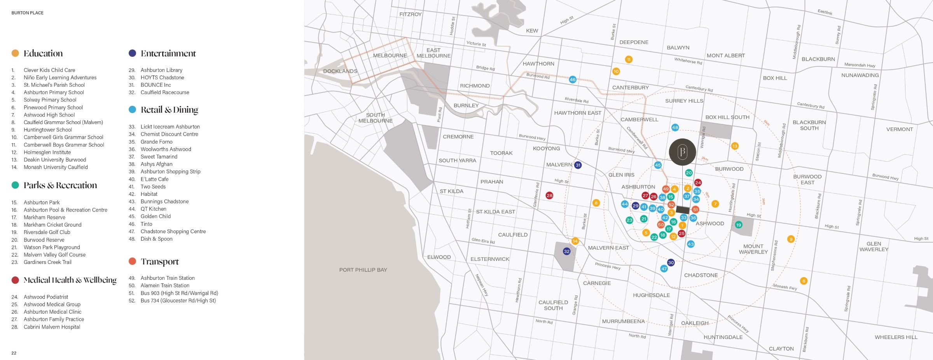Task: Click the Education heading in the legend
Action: tap(43, 53)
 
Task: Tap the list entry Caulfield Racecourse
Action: tap(165, 93)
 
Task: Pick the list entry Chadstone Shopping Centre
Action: tap(173, 231)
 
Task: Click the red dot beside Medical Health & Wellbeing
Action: tap(15, 280)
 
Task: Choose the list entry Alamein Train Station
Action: tap(165, 285)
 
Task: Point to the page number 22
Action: tap(14, 353)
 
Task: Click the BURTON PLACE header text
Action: tap(28, 13)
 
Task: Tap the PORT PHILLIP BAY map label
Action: tap(363, 270)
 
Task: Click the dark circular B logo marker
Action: tap(682, 152)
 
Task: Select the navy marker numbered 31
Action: tap(578, 165)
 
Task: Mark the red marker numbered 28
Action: tap(549, 196)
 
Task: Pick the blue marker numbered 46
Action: tap(573, 80)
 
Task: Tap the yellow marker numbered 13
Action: tap(734, 146)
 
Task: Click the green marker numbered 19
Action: tap(739, 225)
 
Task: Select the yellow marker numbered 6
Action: tap(804, 281)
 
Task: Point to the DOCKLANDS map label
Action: tap(340, 71)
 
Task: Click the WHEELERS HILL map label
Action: tap(896, 337)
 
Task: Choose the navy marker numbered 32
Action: tap(566, 252)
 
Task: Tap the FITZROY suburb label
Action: tap(410, 14)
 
